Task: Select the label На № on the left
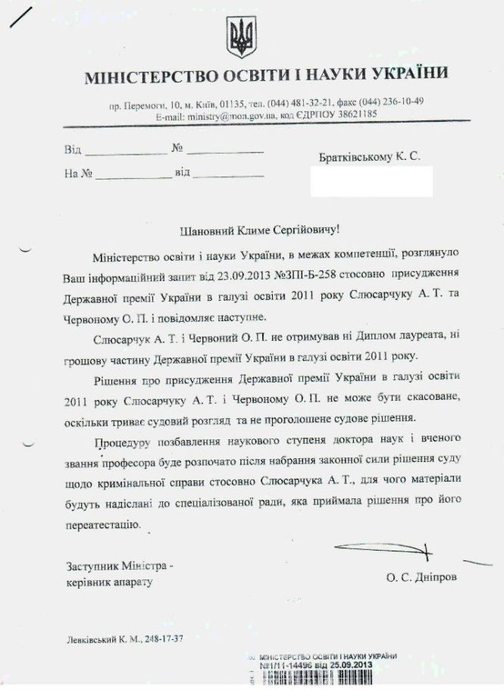pos(78,173)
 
